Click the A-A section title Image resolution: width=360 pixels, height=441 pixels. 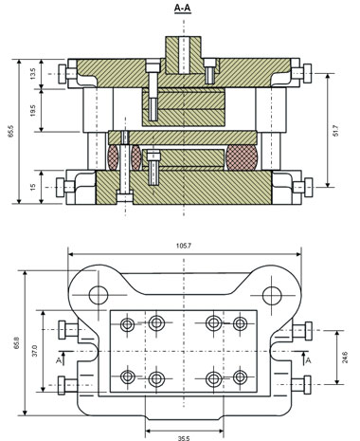[x=183, y=9]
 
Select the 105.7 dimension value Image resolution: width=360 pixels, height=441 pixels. [x=185, y=246]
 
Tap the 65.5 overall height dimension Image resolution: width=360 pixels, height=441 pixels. [x=11, y=131]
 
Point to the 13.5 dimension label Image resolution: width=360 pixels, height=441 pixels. [x=34, y=73]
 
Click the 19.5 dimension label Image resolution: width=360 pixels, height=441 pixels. [x=34, y=110]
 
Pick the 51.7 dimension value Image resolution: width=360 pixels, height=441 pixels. [x=335, y=131]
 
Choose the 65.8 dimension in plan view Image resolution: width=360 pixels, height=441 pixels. [x=17, y=343]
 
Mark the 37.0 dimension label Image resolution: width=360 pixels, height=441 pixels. [x=35, y=351]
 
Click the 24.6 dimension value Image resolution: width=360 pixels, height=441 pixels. [x=345, y=357]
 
